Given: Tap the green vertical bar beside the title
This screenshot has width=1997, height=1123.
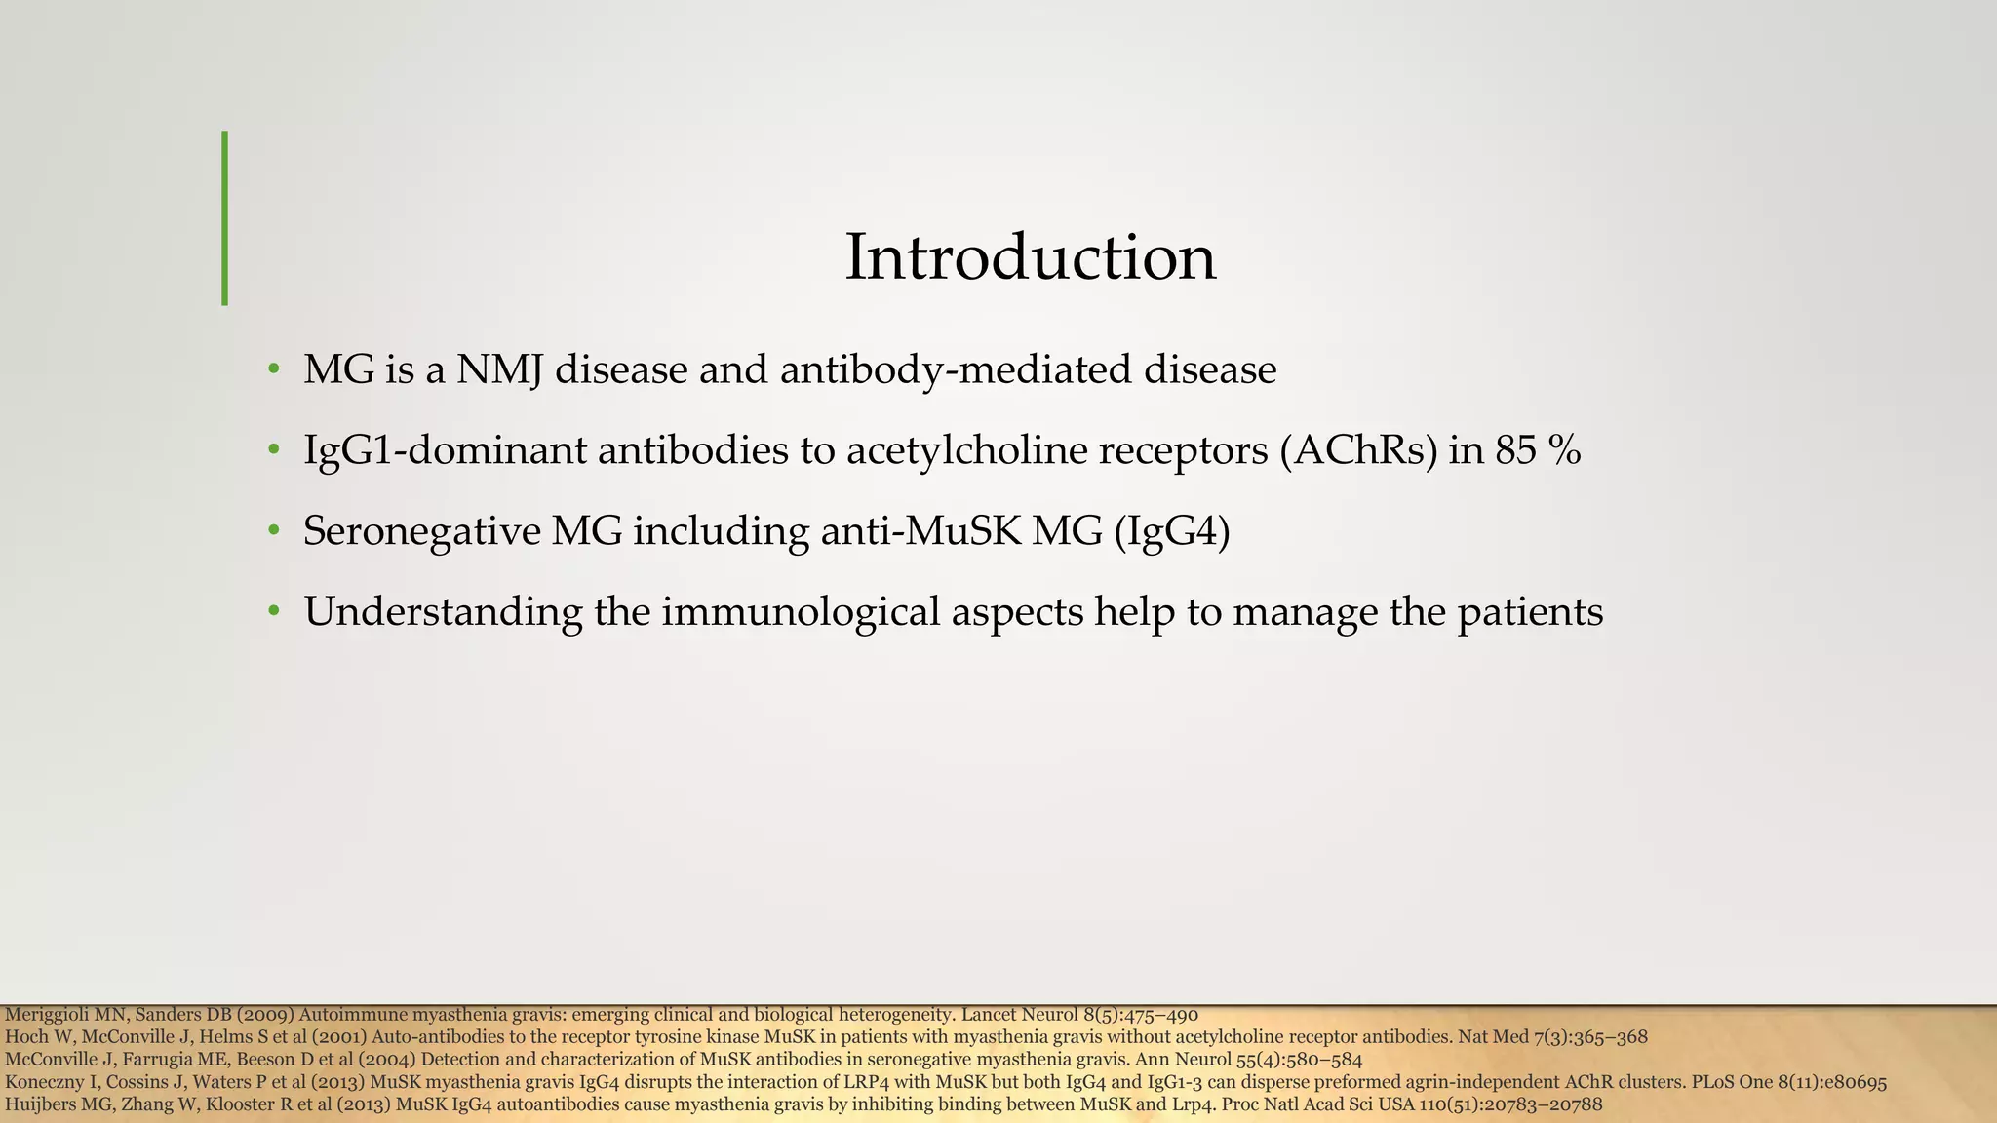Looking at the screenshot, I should (225, 218).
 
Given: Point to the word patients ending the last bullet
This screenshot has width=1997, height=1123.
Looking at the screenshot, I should (1530, 612).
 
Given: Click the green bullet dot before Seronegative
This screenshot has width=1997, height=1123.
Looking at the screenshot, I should (274, 531).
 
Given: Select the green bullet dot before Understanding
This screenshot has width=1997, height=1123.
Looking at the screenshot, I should (274, 612).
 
